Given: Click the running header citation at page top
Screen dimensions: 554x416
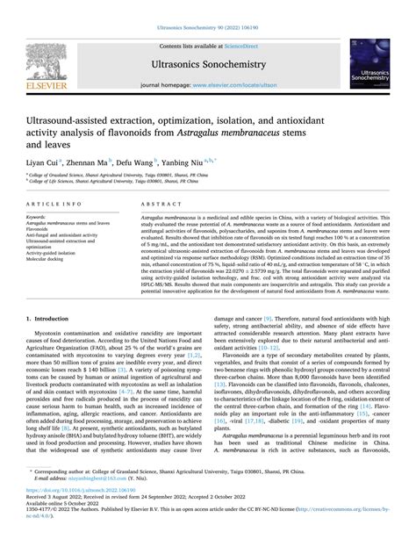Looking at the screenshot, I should coord(207,8).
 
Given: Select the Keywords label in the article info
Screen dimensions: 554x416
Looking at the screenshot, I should coord(37,215).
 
